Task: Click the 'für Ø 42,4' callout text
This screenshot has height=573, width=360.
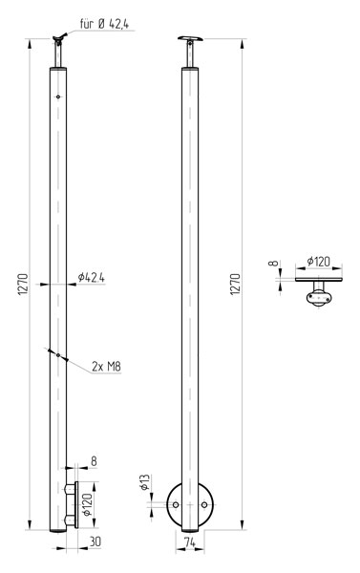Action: pos(104,24)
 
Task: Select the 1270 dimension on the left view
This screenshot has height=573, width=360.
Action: pos(23,285)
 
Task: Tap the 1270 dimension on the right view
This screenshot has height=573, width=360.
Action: pos(235,285)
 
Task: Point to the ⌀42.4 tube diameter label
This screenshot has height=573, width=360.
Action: pos(91,278)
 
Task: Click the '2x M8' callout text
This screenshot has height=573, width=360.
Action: pos(106,366)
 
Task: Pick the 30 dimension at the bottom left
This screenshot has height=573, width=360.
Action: pos(95,541)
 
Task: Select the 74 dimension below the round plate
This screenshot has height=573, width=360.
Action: pos(189,543)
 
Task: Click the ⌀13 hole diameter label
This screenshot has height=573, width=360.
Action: pos(145,482)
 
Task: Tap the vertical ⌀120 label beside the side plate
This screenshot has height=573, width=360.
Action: pos(87,504)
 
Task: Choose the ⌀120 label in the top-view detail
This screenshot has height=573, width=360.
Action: pos(318,262)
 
